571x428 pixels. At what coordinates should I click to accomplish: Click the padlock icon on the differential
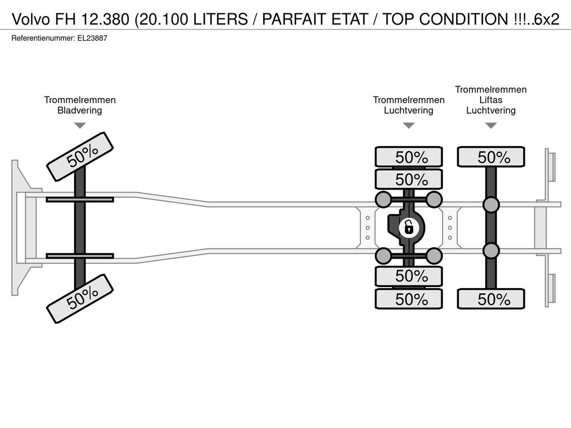point(409,228)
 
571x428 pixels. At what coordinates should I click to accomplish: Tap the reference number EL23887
point(92,38)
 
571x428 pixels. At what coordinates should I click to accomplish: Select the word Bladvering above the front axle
point(80,110)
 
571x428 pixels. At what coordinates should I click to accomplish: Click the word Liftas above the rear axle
point(491,100)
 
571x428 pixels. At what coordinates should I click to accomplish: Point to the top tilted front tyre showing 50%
point(80,157)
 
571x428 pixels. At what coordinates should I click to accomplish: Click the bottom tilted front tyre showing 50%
point(80,299)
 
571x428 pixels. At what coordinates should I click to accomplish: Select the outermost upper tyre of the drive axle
point(409,157)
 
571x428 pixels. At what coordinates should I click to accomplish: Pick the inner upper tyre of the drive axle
point(409,179)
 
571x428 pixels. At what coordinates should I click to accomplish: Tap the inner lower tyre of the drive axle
point(409,276)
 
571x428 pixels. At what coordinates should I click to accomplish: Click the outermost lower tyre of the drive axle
point(409,299)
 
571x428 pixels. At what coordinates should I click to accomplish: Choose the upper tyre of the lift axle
point(491,157)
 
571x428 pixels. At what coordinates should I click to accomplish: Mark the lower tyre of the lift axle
point(491,299)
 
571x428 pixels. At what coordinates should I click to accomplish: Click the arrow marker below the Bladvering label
point(80,125)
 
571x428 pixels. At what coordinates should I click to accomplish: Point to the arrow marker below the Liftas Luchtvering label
point(491,125)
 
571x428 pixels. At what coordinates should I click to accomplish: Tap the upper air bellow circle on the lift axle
point(491,205)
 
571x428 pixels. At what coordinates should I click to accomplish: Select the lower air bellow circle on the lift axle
point(491,251)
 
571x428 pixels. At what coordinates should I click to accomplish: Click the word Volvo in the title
point(31,19)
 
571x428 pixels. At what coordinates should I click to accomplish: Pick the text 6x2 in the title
point(546,19)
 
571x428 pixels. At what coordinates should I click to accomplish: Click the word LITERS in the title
point(221,19)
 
